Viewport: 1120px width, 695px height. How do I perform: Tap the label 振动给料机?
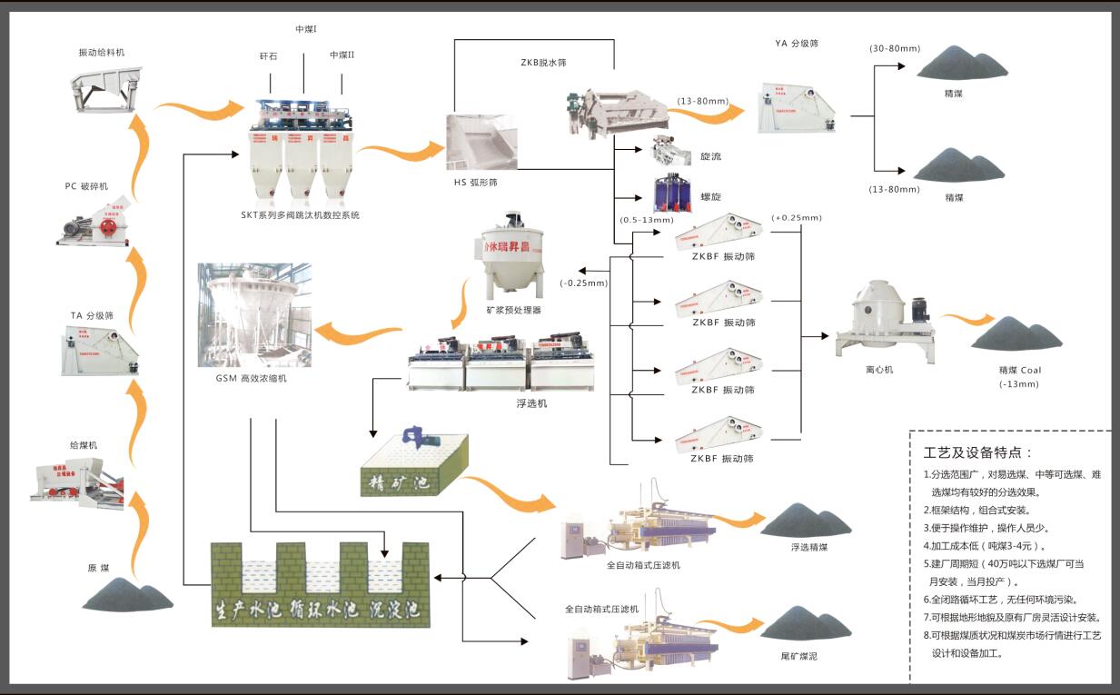point(102,52)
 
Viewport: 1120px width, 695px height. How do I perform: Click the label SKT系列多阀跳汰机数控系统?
point(300,215)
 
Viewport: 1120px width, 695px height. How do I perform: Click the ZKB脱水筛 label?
point(544,62)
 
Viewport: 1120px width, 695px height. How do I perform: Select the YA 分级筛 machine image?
point(798,106)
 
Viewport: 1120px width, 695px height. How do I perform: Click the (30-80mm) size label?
point(894,47)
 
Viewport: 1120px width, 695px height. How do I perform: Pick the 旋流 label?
point(710,157)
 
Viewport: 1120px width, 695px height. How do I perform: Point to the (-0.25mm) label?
point(584,283)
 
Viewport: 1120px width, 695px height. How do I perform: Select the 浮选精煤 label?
point(809,548)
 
